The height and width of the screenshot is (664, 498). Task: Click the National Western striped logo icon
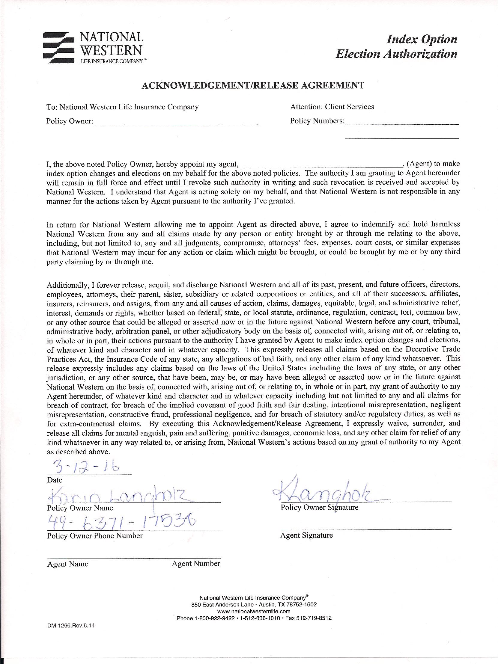(x=58, y=48)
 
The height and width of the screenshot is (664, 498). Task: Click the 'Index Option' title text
(x=422, y=39)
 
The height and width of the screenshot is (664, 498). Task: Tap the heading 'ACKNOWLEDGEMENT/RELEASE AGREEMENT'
(x=253, y=86)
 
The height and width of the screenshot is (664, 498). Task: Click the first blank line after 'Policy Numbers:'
(x=402, y=123)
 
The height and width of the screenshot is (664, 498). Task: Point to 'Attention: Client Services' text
(x=332, y=107)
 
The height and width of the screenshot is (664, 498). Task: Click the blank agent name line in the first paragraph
(x=321, y=165)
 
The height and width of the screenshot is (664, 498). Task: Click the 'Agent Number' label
(x=196, y=564)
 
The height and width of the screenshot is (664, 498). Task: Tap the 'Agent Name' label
(x=67, y=564)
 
